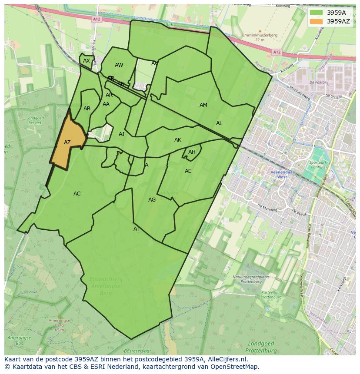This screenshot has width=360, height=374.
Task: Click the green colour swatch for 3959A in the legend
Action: tap(317, 13)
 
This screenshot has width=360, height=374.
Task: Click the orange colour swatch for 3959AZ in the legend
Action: tap(317, 21)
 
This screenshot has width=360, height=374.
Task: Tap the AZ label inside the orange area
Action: tap(67, 142)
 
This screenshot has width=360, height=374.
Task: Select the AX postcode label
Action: tap(87, 61)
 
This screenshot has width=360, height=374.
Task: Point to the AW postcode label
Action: tap(119, 65)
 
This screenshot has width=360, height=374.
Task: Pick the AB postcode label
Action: tap(87, 109)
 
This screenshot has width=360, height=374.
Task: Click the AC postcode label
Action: tap(77, 194)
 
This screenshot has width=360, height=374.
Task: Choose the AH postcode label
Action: tap(192, 152)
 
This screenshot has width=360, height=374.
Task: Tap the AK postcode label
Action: tap(178, 140)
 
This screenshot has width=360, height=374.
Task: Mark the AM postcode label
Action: tap(203, 105)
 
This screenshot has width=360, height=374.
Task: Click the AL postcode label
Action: tap(219, 123)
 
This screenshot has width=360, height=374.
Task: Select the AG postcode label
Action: tap(152, 200)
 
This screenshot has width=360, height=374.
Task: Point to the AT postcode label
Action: tap(137, 229)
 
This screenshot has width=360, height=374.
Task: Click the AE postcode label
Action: tap(188, 171)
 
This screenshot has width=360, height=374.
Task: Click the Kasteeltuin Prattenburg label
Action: tap(272, 295)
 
